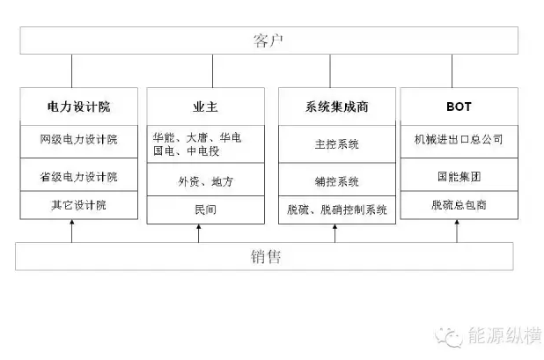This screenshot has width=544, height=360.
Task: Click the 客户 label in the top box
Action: [x=268, y=40]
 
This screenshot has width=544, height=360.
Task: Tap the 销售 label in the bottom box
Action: [x=266, y=257]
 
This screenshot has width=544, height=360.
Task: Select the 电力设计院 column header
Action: [x=78, y=107]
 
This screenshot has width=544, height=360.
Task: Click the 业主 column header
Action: [x=205, y=107]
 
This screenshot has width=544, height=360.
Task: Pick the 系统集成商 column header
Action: [x=336, y=107]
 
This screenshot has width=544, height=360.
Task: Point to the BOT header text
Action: [x=459, y=107]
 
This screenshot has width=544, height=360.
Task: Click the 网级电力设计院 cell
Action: [x=78, y=139]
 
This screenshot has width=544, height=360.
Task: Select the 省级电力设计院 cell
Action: [x=78, y=177]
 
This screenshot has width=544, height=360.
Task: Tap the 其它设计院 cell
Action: [x=78, y=205]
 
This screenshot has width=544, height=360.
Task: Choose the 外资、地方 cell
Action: [x=205, y=181]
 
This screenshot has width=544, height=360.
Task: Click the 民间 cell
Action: [x=205, y=209]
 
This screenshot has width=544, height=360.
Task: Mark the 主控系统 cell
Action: [x=336, y=144]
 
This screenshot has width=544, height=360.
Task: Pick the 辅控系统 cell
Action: [x=336, y=181]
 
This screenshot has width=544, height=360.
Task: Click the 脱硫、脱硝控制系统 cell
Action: [x=336, y=209]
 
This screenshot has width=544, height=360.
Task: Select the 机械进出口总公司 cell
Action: [x=459, y=139]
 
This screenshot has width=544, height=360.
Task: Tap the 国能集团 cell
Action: [x=459, y=177]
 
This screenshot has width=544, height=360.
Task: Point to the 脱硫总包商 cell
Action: [x=459, y=205]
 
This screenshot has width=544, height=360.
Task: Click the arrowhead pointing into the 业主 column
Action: [x=198, y=227]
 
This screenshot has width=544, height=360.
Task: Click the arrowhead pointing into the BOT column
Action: [x=457, y=223]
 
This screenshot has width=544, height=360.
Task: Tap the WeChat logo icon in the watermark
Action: [x=449, y=336]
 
